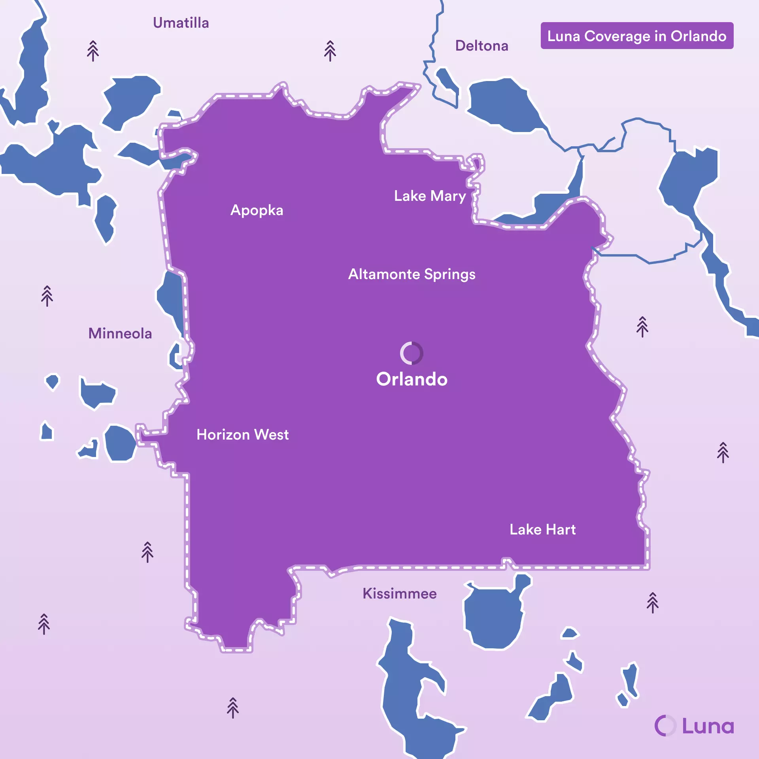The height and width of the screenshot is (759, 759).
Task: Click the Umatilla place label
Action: coord(181,23)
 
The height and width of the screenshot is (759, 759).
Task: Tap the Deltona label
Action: coord(481,46)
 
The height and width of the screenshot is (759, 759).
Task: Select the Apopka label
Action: coord(257,210)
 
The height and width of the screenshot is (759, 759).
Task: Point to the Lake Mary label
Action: coord(430,196)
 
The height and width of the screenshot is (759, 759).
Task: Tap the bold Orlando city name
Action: coord(412,379)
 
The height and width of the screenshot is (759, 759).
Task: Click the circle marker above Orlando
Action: coord(412,353)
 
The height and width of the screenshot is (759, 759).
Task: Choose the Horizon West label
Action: coord(242,434)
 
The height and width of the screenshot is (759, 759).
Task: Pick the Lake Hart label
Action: coord(542,529)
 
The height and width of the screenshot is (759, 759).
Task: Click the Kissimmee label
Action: coord(399,593)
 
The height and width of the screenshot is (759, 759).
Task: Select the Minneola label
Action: coord(120,333)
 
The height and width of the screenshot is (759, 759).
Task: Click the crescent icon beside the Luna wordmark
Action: coord(665,726)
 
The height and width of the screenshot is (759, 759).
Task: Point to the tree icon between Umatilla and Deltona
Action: coord(330,51)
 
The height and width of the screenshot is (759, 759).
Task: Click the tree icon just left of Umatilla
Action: coord(93,51)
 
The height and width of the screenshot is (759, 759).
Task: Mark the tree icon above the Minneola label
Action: coord(47,296)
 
